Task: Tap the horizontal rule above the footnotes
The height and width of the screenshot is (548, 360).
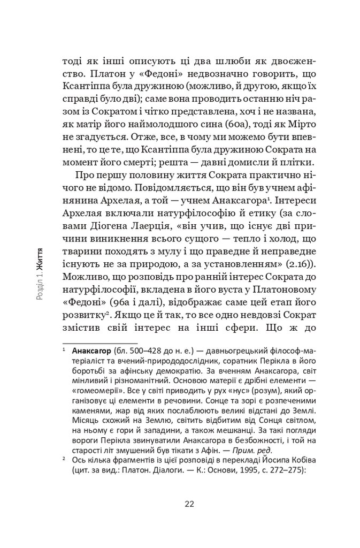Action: pyautogui.click(x=99, y=342)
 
